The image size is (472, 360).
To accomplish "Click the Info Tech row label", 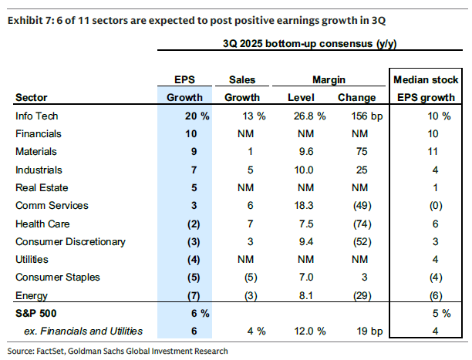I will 36,116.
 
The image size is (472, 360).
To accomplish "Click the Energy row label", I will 30,294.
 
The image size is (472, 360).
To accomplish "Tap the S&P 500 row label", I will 36,314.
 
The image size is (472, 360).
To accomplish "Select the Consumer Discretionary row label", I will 64,241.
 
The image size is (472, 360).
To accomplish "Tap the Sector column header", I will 31,98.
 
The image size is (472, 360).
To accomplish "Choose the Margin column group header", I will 328,79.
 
